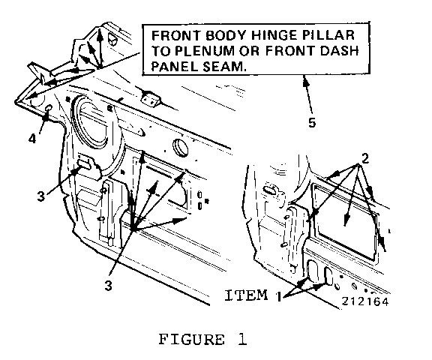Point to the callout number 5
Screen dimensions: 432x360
[312, 122]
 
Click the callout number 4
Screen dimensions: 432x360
[32, 139]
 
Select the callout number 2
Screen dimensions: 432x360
[365, 159]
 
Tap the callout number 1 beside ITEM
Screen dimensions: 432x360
[279, 297]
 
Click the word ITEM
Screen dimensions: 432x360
[247, 295]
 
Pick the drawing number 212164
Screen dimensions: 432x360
[365, 301]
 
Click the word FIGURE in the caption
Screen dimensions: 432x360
[192, 339]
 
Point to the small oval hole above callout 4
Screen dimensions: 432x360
[48, 108]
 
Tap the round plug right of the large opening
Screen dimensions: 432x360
[181, 148]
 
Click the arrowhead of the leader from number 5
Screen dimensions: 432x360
[305, 80]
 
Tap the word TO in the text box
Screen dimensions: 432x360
[161, 51]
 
